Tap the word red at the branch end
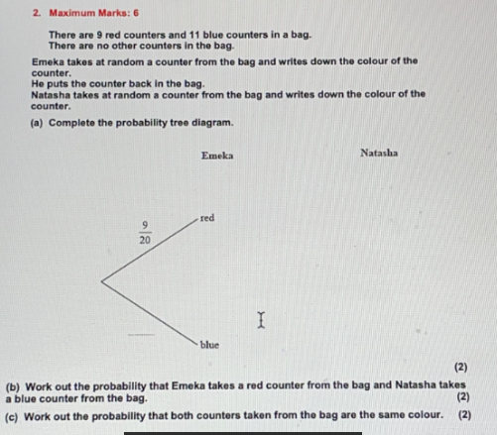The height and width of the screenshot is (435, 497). tap(206, 217)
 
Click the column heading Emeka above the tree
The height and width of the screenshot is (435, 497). tap(217, 156)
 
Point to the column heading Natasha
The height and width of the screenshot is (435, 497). tap(379, 153)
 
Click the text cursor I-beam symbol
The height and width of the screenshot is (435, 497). tap(261, 319)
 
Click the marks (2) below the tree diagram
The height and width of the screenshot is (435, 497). tap(460, 367)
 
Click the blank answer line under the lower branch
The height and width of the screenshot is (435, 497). tap(141, 333)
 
